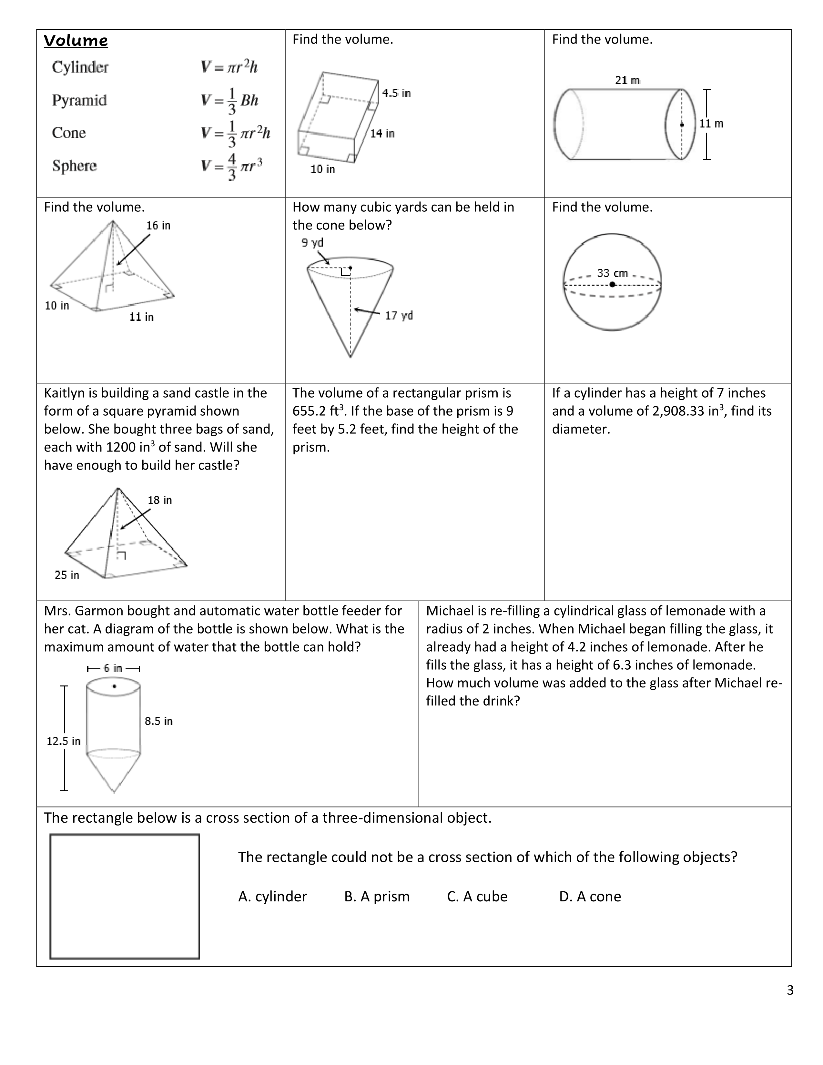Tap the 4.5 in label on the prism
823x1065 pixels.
(x=396, y=93)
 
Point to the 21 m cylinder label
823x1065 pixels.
(x=627, y=80)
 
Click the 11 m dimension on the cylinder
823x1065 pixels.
(x=712, y=124)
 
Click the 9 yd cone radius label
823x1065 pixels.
(x=312, y=242)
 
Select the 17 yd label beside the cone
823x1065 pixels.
(x=399, y=316)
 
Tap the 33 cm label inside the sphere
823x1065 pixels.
(x=612, y=273)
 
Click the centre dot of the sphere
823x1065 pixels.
(x=612, y=284)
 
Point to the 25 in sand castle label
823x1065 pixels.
(x=67, y=575)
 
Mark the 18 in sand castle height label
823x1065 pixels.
(x=159, y=500)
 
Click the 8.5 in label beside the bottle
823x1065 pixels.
(x=158, y=721)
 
